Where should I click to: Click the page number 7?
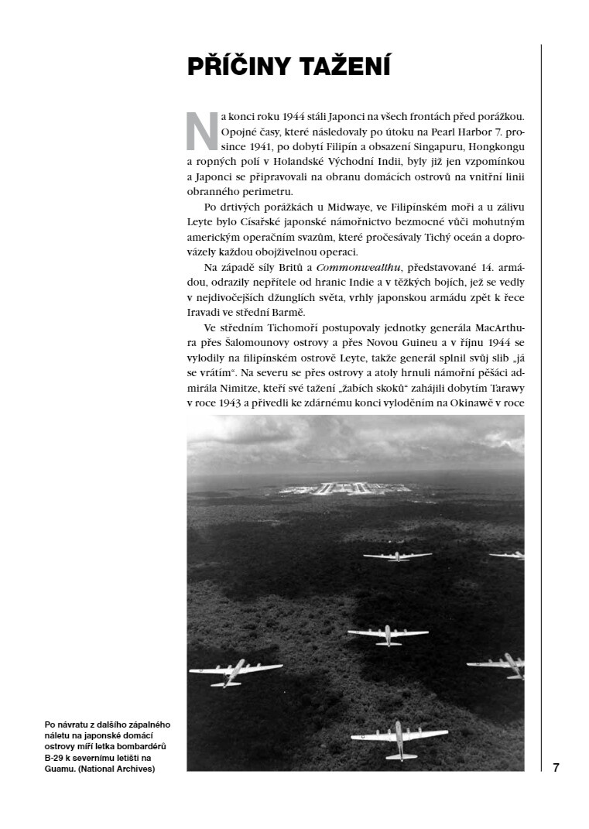coord(556,768)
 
